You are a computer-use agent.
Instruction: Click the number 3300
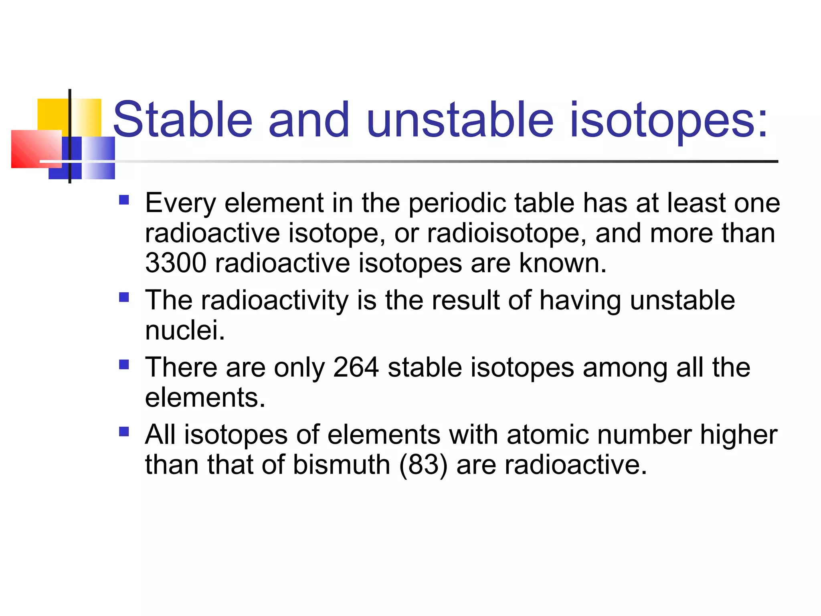coord(176,263)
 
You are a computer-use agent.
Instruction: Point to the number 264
coord(356,367)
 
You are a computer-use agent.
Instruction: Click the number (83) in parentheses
coord(423,465)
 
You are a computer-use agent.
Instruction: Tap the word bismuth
coord(341,465)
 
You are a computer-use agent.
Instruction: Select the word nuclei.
coord(185,331)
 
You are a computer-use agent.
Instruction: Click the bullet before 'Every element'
coord(124,200)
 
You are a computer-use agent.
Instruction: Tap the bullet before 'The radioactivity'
coord(124,297)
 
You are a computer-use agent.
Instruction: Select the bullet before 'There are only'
coord(124,364)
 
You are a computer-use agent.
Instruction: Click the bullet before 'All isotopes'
coord(124,432)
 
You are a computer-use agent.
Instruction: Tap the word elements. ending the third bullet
coord(205,398)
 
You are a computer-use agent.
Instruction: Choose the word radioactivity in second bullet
coord(275,300)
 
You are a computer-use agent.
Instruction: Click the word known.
coord(563,263)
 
